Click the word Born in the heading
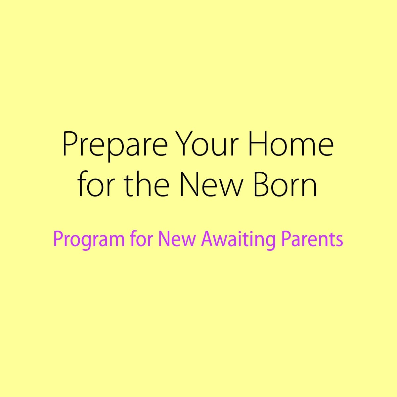point(285,184)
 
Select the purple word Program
point(89,241)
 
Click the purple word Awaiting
point(238,240)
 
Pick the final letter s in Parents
point(339,241)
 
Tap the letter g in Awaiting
point(271,243)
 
